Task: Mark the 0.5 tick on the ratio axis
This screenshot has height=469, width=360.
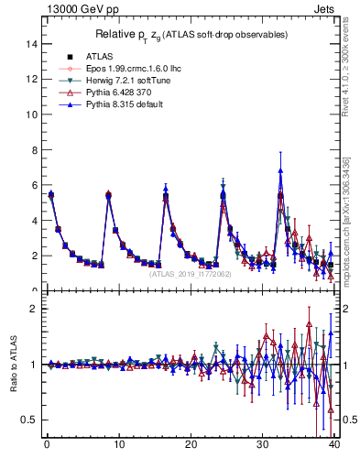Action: (27, 420)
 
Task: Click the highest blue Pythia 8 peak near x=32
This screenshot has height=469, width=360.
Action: (280, 169)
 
